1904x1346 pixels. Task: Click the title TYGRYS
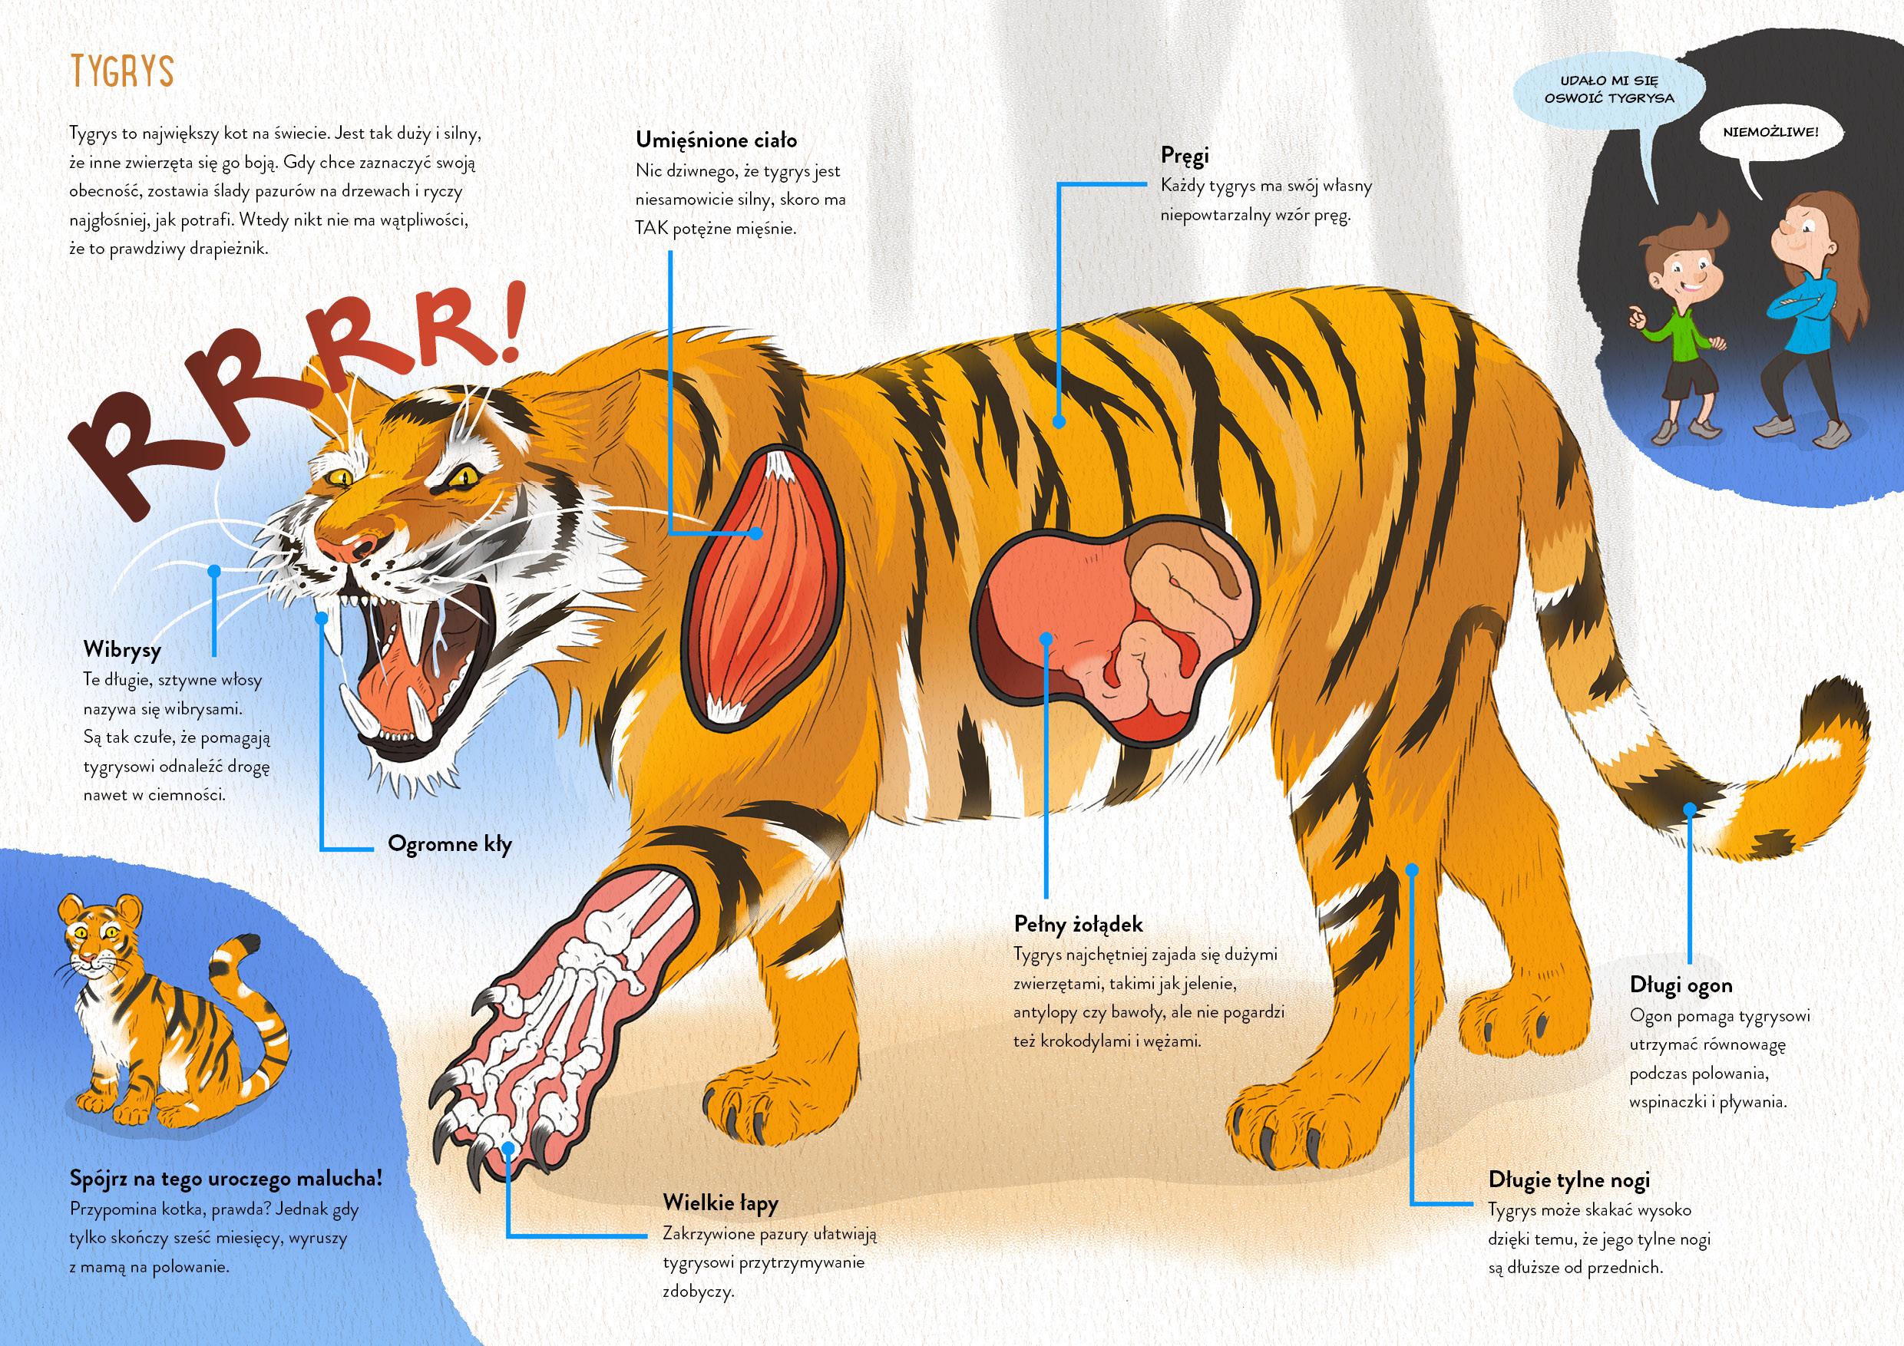(123, 72)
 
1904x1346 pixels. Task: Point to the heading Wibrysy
(122, 649)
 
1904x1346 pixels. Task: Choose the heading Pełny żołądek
(1078, 923)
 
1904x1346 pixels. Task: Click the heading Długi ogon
(1680, 985)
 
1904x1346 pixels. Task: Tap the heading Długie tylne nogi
(1569, 1179)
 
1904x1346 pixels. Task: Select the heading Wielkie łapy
(720, 1202)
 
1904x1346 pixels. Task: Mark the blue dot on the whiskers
(214, 570)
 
